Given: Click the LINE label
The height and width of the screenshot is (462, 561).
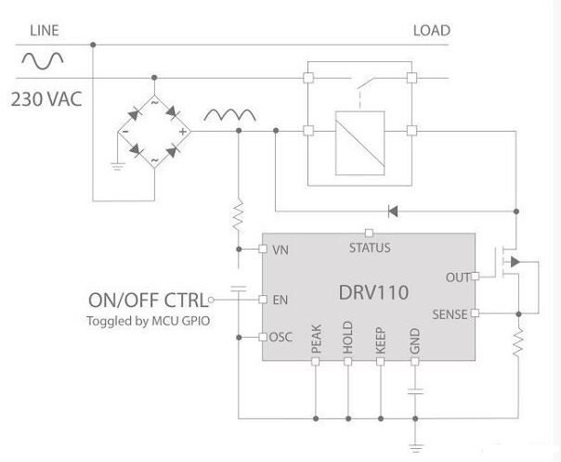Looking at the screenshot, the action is (45, 31).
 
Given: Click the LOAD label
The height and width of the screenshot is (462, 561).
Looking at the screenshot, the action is (432, 31).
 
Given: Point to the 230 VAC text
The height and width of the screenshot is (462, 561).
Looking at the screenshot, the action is (46, 99).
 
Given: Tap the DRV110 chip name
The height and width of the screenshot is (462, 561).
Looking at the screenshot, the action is (373, 292).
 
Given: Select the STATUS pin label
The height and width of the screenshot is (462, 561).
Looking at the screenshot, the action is (370, 248).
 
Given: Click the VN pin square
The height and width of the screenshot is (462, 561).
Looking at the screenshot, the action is (263, 249).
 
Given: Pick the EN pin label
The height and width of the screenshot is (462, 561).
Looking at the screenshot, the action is (280, 300).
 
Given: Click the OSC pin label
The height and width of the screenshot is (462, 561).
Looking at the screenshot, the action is (280, 337).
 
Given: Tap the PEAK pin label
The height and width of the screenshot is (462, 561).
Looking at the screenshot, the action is (316, 339).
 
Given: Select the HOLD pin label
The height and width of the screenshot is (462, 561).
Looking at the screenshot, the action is (347, 338).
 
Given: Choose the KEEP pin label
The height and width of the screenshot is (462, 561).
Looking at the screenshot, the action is (380, 340).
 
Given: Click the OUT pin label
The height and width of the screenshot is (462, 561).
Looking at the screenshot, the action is (458, 277).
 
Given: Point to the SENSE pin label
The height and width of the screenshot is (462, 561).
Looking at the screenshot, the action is (450, 314).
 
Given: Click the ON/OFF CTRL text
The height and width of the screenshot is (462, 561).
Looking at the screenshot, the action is (148, 301).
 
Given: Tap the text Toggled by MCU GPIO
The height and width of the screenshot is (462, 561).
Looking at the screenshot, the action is (148, 321).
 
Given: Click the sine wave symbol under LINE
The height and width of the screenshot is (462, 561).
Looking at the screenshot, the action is (43, 60).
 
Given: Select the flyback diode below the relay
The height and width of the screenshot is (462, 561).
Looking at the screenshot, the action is (393, 212).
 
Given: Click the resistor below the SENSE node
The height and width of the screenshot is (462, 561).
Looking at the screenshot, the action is (518, 342).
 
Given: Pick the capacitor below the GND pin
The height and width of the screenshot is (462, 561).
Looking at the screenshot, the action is (415, 391).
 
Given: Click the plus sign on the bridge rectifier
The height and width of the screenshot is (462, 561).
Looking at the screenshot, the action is (183, 132).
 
